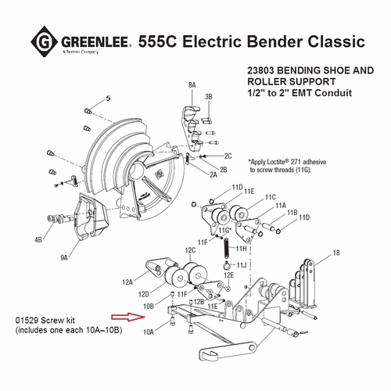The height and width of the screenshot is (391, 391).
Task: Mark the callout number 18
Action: [337, 253]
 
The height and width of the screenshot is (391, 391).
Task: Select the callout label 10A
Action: [149, 332]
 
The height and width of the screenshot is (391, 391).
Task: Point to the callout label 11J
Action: [243, 266]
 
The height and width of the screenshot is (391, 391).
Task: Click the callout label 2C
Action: [228, 156]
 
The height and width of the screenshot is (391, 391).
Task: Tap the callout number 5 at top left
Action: [109, 98]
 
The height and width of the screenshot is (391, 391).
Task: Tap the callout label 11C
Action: [271, 197]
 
